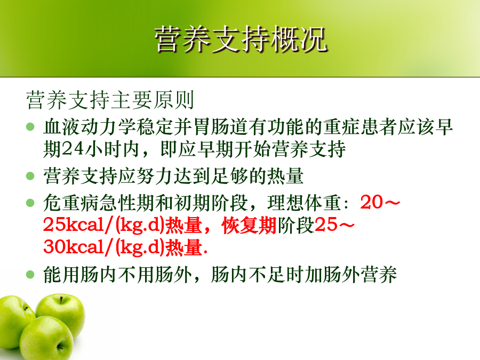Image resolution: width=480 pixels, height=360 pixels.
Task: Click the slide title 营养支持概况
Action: [241, 39]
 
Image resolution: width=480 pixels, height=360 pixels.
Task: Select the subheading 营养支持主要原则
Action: [110, 100]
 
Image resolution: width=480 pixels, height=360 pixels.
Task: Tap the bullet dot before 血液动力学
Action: [30, 126]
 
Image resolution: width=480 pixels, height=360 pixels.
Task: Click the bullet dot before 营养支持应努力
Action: [30, 175]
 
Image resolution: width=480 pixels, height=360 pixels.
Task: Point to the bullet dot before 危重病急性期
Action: [30, 203]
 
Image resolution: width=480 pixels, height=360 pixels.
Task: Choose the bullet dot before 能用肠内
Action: [30, 274]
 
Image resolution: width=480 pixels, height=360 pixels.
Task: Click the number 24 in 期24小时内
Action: [73, 149]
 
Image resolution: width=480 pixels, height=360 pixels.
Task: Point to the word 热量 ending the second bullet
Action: [285, 176]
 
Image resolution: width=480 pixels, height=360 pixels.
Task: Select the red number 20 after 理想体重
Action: [371, 202]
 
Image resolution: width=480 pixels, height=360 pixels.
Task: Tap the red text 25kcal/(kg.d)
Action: [104, 225]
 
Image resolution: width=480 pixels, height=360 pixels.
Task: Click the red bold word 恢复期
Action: [249, 225]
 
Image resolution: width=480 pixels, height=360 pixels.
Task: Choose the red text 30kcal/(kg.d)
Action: [104, 247]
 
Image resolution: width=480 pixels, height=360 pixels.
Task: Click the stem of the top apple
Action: [61, 300]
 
